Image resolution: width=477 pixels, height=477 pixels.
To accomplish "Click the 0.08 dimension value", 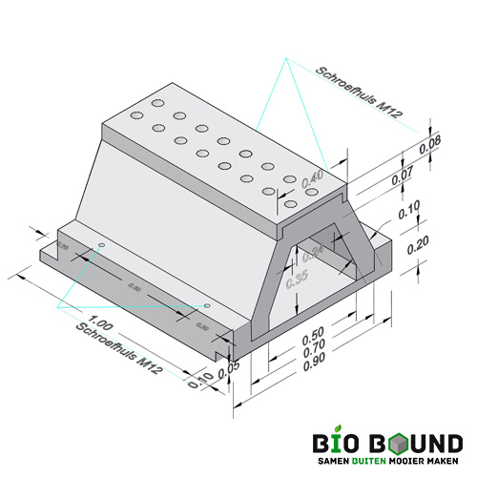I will pyautogui.click(x=429, y=145).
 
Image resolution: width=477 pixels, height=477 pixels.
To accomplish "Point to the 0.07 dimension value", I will pyautogui.click(x=403, y=175).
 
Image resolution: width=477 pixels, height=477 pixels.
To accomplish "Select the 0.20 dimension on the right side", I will pyautogui.click(x=416, y=245).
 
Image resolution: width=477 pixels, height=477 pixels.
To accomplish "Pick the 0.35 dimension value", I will pyautogui.click(x=298, y=279).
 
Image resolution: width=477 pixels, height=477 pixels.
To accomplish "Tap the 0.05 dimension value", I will pyautogui.click(x=222, y=374).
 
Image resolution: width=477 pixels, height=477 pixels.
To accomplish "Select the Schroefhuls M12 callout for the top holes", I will pyautogui.click(x=361, y=93).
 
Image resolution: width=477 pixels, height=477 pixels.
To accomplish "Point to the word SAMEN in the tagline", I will pyautogui.click(x=330, y=463).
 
